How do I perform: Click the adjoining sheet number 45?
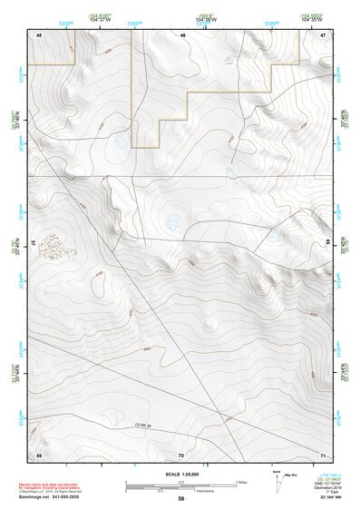point(39,34)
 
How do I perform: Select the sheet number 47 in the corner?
point(324,34)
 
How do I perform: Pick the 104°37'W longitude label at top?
point(100,18)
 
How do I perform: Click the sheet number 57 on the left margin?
point(33,243)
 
